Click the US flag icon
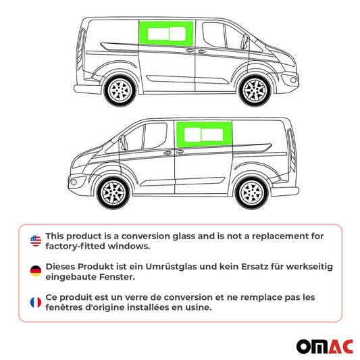(36, 241)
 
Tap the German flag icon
(36, 272)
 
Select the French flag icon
(36, 302)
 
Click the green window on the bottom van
(204, 133)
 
